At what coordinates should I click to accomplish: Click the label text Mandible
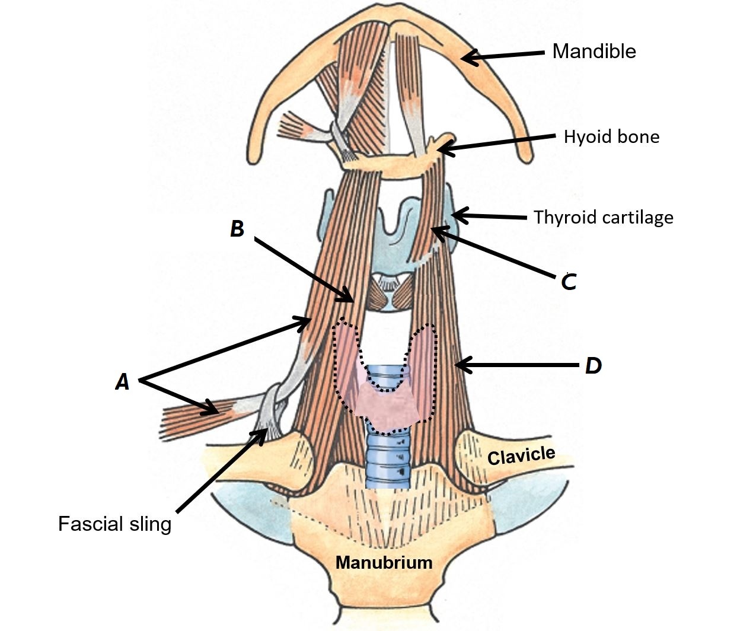pos(594,52)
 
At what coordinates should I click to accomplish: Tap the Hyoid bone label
pos(611,137)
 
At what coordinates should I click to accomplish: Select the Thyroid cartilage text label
pos(603,218)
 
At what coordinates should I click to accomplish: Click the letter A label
pos(122,382)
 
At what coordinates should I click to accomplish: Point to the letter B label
pos(237,229)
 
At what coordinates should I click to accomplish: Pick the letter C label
pos(569,282)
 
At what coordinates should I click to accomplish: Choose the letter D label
pos(593,366)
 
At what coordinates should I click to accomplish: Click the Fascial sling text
pos(114,524)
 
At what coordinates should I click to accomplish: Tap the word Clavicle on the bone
pos(521,455)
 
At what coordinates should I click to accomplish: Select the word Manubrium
pos(384,562)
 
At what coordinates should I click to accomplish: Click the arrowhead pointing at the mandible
pos(465,58)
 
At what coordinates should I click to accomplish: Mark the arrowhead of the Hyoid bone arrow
pos(442,149)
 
